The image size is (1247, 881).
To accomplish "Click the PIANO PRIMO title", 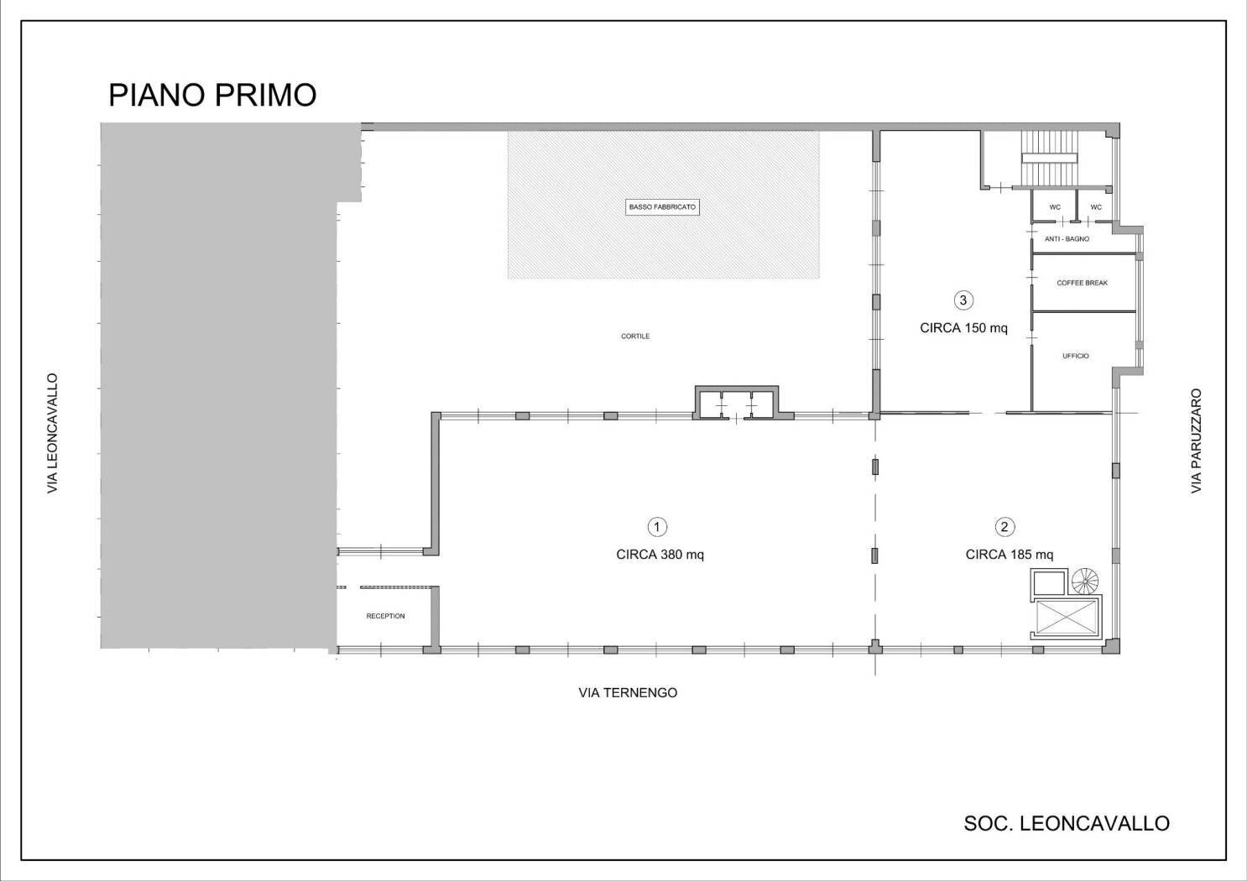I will [x=212, y=95].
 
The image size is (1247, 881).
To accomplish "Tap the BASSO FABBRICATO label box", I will [x=662, y=207].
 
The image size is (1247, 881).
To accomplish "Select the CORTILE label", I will [x=635, y=336].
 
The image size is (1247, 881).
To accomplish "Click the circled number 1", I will [x=657, y=527].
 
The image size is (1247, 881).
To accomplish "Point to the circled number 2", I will [x=1004, y=527].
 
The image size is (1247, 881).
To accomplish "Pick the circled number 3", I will [x=963, y=300].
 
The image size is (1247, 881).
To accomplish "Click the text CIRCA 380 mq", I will [x=660, y=555].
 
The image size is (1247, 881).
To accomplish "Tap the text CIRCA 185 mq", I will [x=1009, y=555].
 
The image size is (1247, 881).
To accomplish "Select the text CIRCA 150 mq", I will [x=963, y=328].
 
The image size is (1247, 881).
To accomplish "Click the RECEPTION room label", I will [x=385, y=617].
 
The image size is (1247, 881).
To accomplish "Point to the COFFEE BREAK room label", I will [x=1082, y=284].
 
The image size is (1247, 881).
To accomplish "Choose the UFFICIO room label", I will [x=1075, y=357].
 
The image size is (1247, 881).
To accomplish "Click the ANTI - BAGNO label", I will [x=1067, y=239].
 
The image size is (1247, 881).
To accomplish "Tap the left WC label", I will [x=1055, y=207].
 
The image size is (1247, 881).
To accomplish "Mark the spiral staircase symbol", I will [x=1085, y=580].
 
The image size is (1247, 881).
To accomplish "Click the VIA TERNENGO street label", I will [x=628, y=693].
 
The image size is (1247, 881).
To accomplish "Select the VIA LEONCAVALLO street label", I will [x=53, y=433].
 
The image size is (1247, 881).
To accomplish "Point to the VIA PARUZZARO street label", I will [x=1197, y=440].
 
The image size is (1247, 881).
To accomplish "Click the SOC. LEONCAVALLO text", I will [x=1067, y=824].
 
